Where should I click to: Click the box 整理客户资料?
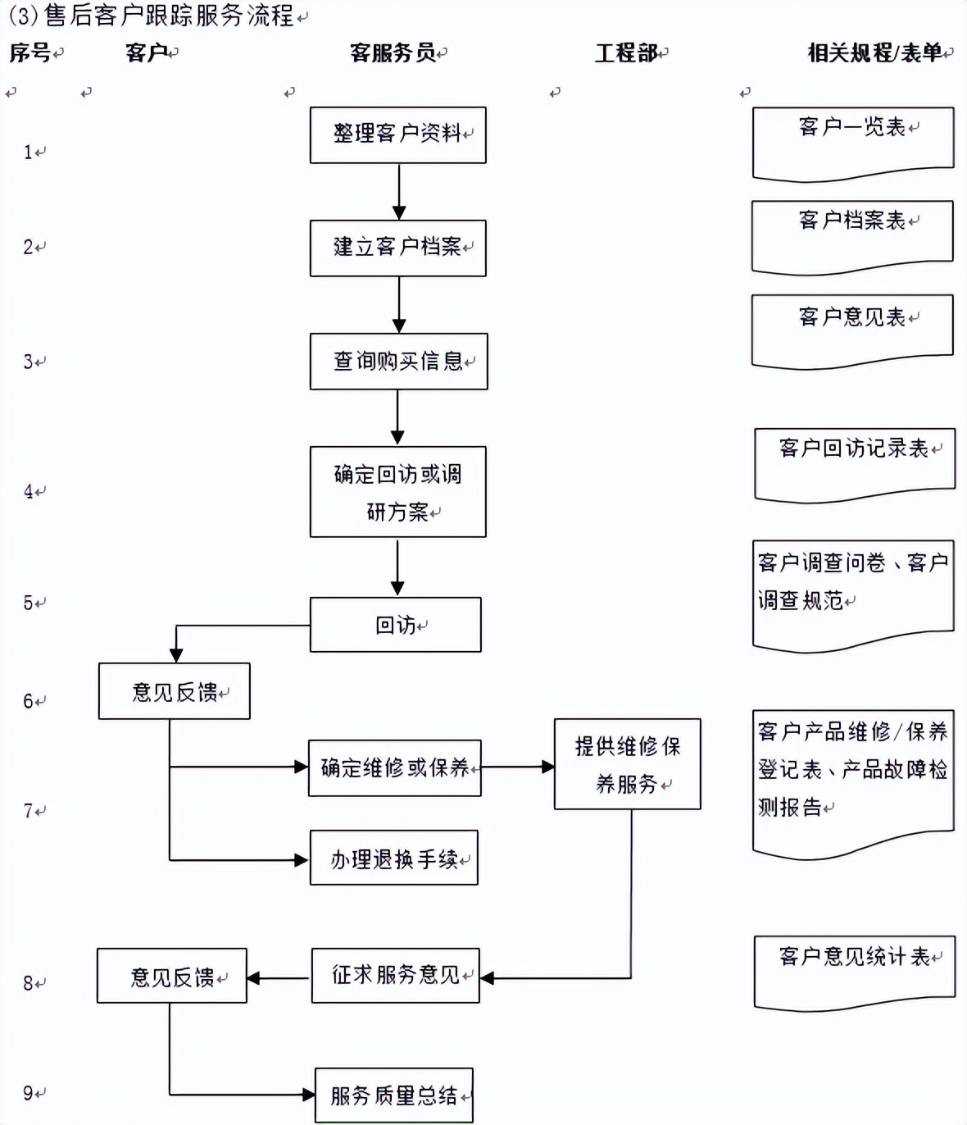[x=397, y=134]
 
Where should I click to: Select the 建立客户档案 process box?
[x=397, y=248]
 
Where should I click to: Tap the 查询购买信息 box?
[x=398, y=361]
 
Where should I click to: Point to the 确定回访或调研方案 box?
[x=397, y=492]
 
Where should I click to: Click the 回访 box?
[x=395, y=625]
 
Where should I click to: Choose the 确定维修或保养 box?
[x=394, y=767]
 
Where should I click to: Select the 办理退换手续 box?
[x=393, y=859]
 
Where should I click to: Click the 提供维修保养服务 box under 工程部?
[x=627, y=764]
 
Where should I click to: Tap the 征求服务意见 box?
[x=395, y=975]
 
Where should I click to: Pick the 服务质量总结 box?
[x=393, y=1095]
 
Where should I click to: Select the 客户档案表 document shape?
[x=852, y=235]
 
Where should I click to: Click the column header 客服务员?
[x=393, y=53]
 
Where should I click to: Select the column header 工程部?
[x=626, y=53]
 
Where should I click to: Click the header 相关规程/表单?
[x=875, y=53]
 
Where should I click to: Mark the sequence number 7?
[x=29, y=811]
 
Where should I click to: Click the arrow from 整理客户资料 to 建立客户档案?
[x=398, y=191]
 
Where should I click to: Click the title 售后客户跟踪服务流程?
[x=168, y=15]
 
